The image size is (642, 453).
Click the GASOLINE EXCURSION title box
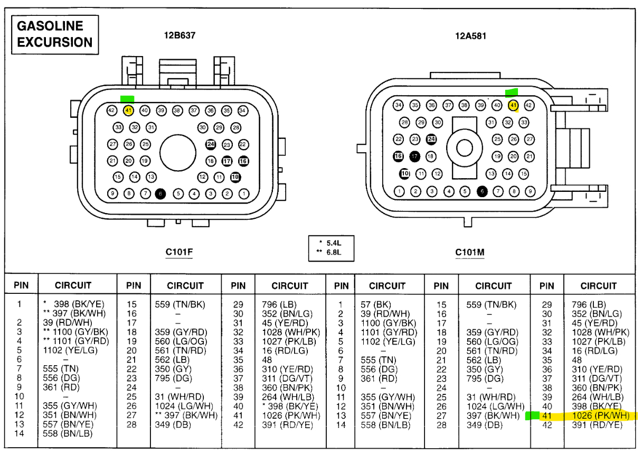coord(55,34)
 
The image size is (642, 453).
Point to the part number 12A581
coord(470,36)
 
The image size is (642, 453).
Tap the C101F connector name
coord(179,252)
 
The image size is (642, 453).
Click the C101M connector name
coord(470,252)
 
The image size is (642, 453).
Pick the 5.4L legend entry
coord(331,243)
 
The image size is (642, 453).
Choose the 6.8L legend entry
coord(331,252)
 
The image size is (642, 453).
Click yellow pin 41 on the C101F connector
coord(128,110)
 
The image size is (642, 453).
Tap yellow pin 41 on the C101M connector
coord(513,105)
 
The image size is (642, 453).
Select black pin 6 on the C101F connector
coord(160,194)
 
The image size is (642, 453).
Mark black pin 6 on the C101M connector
coord(481,191)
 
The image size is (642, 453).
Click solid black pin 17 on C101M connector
coord(415,156)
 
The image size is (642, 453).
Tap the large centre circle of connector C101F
coord(178,152)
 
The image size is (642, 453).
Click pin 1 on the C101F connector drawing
coord(243,194)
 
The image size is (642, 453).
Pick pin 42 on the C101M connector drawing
coord(528,105)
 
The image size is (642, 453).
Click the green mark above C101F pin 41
coord(127,99)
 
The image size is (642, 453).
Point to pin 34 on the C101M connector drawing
coord(399,105)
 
